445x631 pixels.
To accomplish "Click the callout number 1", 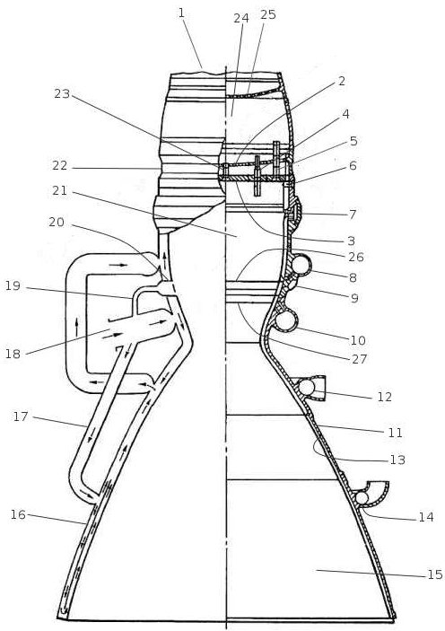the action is (x=181, y=13).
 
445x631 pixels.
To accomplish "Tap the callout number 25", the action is (x=268, y=14).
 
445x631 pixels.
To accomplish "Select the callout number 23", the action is (x=62, y=93).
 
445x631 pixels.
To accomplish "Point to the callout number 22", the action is (x=59, y=165).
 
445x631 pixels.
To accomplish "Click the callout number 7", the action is (x=353, y=215).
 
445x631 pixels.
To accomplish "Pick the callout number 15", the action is (x=434, y=574).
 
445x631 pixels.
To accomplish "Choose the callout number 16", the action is (x=18, y=514).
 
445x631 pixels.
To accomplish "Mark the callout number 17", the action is (x=21, y=416).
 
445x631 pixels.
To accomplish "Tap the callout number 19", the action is (x=13, y=285).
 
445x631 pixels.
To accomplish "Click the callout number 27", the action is (x=359, y=358).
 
